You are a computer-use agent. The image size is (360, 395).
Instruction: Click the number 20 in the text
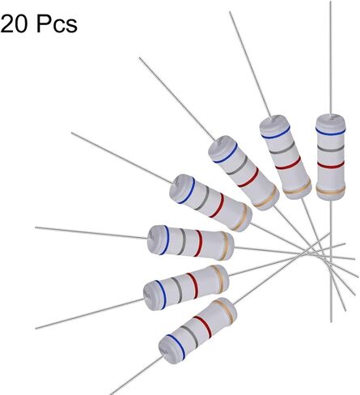(14, 24)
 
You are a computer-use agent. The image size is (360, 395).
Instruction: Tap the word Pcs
(57, 24)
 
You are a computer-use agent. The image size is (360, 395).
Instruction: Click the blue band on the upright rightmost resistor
(330, 131)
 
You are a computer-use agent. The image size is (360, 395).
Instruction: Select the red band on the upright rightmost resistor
(331, 164)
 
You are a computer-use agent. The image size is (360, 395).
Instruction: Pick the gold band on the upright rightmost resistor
(331, 190)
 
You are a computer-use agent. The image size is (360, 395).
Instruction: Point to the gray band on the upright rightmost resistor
(331, 148)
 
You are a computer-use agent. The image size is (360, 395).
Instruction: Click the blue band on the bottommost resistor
(176, 347)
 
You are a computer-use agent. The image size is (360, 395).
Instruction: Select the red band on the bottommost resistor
(202, 327)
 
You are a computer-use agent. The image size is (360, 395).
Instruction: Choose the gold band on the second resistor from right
(298, 188)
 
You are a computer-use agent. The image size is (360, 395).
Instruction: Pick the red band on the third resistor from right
(248, 177)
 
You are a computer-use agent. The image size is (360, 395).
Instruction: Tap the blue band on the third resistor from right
(225, 153)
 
